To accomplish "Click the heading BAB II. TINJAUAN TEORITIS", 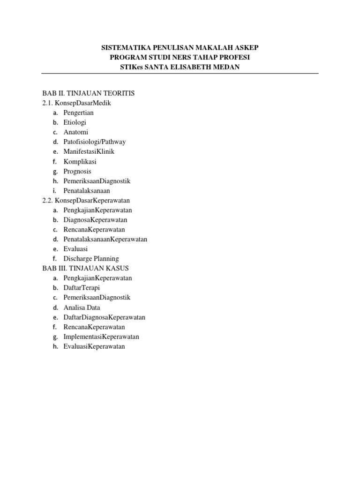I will [88, 93].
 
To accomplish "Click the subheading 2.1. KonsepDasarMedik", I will [76, 103].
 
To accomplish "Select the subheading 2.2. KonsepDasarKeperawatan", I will [86, 200].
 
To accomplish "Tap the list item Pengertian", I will [79, 112].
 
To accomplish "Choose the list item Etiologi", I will [75, 122].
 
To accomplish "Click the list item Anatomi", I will [76, 132].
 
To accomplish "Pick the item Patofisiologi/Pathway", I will [95, 142].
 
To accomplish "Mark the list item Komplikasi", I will [80, 161].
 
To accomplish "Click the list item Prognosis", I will [77, 171].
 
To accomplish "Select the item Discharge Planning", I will [91, 258].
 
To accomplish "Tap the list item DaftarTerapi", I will [82, 287].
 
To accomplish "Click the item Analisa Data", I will [82, 307].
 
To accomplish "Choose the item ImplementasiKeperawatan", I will [101, 337].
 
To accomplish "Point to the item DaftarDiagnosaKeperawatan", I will [105, 317].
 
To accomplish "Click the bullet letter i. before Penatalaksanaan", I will [54, 191].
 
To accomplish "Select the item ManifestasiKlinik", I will [89, 151].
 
